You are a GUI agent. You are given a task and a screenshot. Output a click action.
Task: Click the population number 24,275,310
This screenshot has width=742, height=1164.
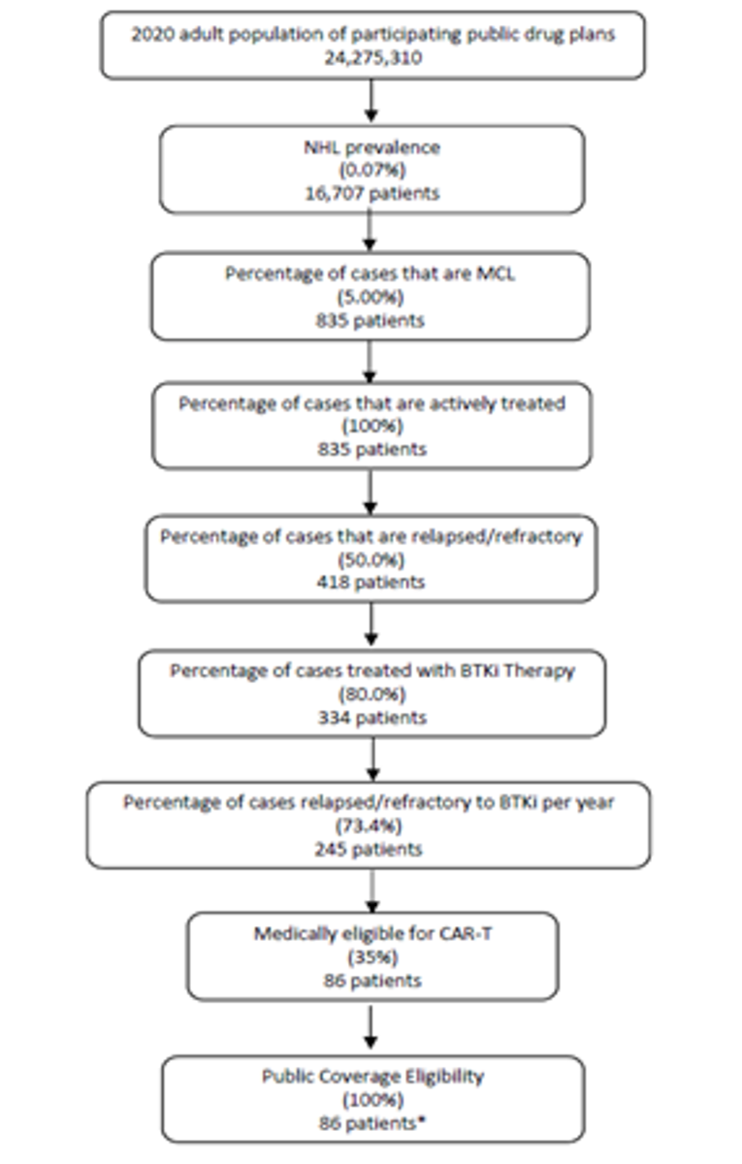click(x=371, y=58)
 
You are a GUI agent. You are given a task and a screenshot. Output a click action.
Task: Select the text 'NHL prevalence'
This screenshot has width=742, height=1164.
click(x=371, y=148)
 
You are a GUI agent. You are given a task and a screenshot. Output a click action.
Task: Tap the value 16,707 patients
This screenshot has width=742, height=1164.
click(x=371, y=193)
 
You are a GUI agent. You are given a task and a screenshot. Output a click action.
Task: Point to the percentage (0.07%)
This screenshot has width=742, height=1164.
click(x=371, y=171)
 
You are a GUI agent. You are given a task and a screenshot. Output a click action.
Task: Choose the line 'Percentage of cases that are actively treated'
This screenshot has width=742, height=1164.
click(x=371, y=403)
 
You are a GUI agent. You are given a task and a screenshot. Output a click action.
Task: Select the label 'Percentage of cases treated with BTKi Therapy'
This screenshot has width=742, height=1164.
click(x=371, y=669)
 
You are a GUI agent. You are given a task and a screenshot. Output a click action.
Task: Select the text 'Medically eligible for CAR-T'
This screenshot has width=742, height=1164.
click(x=371, y=935)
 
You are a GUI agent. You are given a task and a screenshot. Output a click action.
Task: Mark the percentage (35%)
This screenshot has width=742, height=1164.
click(x=371, y=957)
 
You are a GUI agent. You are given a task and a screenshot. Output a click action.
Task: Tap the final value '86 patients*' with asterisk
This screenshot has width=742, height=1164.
click(x=371, y=1122)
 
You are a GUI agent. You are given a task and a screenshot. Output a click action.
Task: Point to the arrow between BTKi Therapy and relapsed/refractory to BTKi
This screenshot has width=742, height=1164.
click(x=371, y=759)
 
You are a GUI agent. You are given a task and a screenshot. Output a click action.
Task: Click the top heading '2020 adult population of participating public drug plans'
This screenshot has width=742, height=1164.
click(x=371, y=36)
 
